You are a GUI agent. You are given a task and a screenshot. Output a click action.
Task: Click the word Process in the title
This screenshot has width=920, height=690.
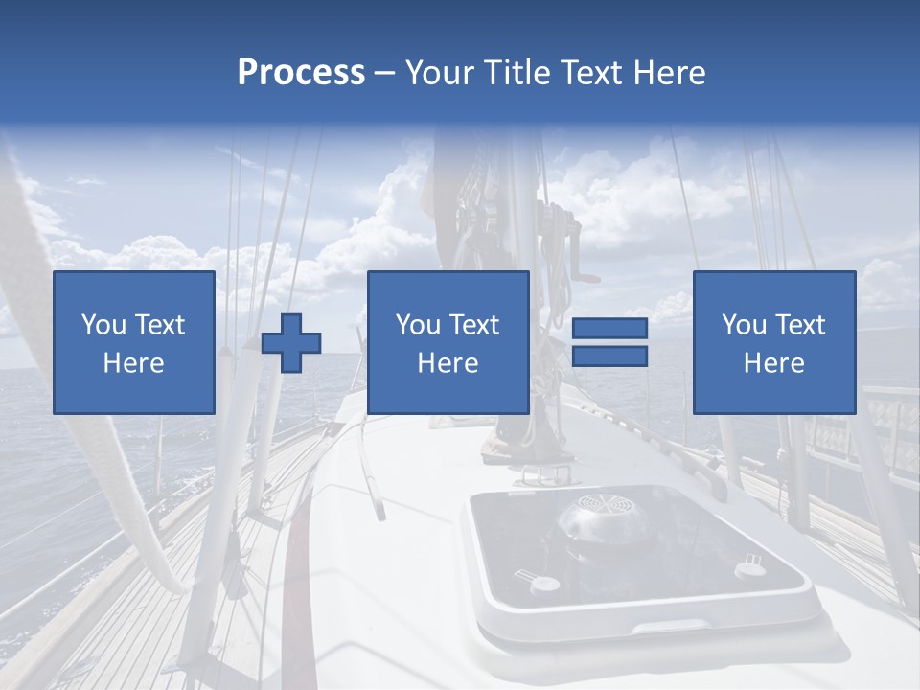(301, 73)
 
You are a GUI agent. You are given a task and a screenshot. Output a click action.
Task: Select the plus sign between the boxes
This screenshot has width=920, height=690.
(291, 343)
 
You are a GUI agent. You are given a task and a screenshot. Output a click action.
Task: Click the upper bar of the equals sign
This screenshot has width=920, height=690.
(609, 329)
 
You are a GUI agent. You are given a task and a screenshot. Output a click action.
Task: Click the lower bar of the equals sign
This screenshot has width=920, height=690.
(609, 356)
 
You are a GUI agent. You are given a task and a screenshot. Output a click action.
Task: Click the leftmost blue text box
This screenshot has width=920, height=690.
(134, 342)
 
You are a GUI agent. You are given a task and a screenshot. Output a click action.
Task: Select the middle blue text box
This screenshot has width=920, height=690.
(448, 342)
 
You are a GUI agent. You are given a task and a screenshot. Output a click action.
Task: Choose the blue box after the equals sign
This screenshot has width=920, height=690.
(773, 342)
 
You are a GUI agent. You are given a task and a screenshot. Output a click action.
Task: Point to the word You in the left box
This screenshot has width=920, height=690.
(103, 325)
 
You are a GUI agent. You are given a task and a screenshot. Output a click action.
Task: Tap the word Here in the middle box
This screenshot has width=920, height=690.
(448, 363)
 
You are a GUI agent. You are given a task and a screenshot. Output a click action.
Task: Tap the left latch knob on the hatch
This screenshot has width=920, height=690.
(544, 584)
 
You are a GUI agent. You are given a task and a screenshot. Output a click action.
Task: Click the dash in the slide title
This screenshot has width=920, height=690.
(384, 73)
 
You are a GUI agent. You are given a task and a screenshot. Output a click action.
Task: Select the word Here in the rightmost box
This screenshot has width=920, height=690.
(773, 363)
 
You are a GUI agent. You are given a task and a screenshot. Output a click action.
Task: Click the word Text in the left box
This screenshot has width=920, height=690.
(159, 325)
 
